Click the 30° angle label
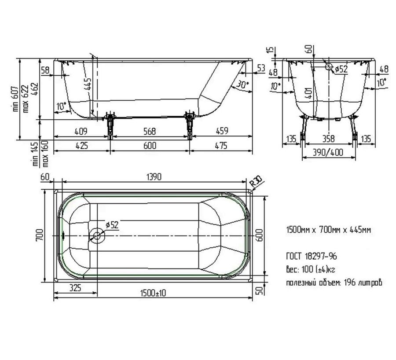[243, 84]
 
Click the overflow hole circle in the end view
[329, 67]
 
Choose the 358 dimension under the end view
[328, 139]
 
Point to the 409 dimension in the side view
[81, 131]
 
